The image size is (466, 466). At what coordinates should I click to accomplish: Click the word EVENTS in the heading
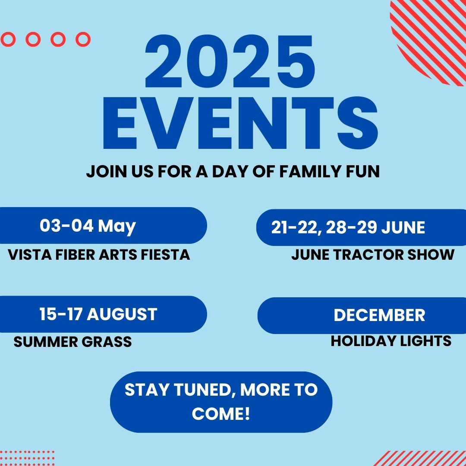click(x=240, y=123)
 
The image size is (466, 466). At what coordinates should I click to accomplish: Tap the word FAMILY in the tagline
click(x=310, y=171)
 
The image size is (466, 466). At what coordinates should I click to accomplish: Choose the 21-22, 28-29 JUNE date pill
click(x=361, y=227)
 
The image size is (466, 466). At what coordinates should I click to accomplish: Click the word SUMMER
click(x=46, y=342)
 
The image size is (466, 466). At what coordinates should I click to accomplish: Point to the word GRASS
click(x=107, y=342)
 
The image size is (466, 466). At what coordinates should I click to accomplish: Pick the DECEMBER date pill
click(x=362, y=315)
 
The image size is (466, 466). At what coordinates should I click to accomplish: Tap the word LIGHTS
click(x=425, y=341)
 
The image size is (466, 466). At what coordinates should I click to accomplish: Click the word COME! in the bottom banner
click(x=221, y=414)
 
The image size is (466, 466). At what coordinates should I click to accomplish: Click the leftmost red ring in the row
click(x=8, y=33)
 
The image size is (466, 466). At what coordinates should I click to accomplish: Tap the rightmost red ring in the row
click(x=83, y=33)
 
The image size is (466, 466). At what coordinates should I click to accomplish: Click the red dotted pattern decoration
click(x=27, y=458)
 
